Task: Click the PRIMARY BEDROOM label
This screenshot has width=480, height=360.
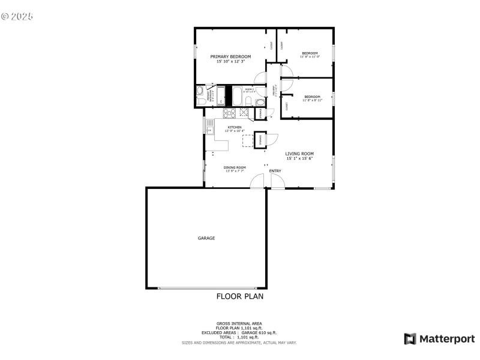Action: point(230,56)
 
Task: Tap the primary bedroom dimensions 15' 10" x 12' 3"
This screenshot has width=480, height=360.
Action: point(230,61)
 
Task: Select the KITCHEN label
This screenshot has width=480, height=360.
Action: point(234,127)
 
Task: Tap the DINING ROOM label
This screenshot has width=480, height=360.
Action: point(235,167)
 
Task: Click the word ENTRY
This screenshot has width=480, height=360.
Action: point(275,171)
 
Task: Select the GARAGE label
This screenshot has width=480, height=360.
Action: point(206,238)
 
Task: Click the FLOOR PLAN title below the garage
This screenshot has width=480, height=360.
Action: point(239,296)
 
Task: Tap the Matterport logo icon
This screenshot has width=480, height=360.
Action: point(410,339)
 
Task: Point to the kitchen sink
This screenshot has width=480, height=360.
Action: point(209,126)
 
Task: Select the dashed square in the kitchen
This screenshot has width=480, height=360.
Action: point(247,140)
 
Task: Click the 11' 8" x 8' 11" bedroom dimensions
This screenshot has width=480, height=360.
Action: point(312,100)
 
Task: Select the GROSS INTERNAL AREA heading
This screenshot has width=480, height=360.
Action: point(239,323)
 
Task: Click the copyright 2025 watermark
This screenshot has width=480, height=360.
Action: point(17,16)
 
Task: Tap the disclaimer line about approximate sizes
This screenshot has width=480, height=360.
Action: point(239,343)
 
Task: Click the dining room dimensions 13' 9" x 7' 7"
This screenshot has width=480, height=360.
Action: point(235,172)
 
